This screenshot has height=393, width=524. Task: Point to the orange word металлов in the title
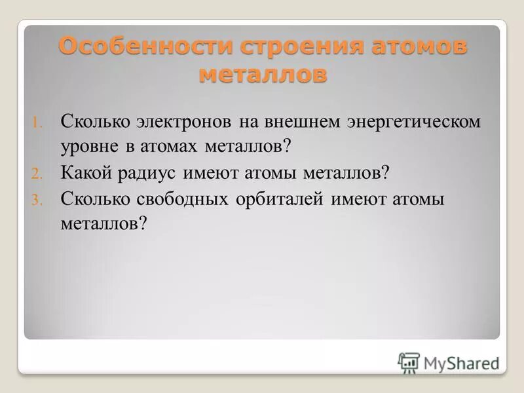[262, 73]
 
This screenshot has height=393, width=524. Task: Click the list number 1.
[37, 122]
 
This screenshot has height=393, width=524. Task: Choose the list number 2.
[37, 174]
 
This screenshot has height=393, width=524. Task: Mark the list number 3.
[37, 200]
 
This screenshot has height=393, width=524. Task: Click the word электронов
[184, 122]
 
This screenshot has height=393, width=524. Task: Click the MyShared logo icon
[409, 362]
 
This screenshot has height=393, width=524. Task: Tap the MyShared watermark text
[461, 363]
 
